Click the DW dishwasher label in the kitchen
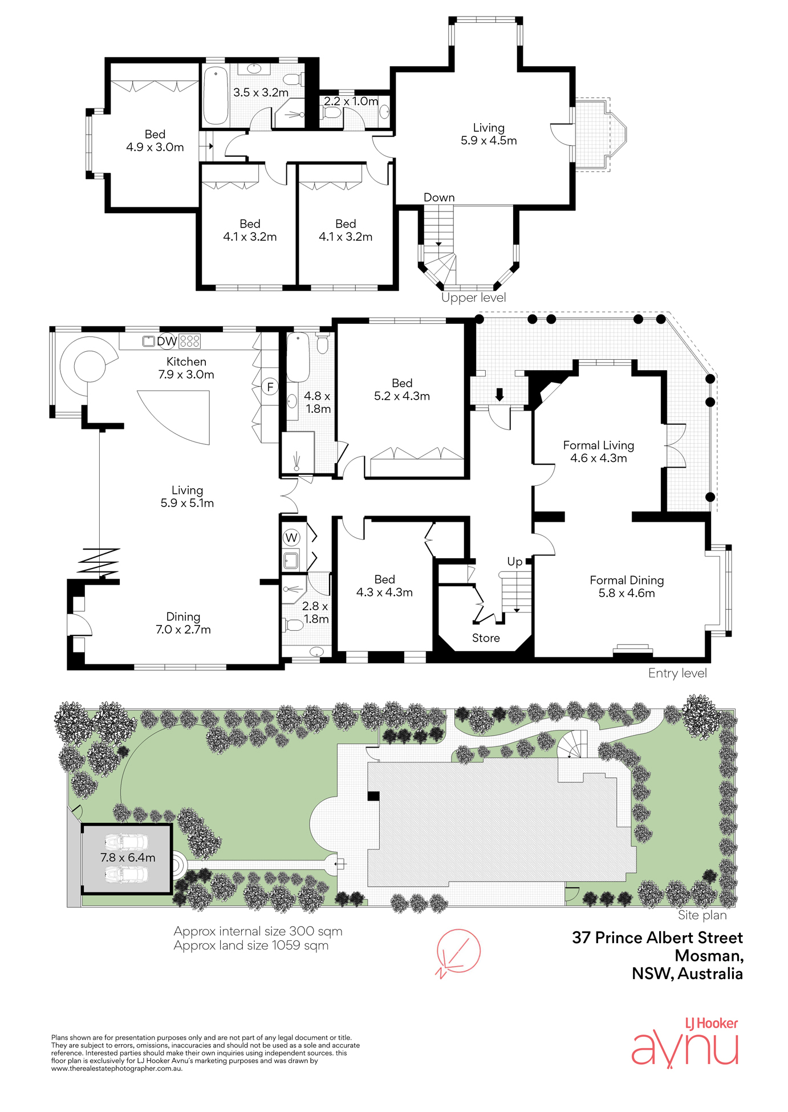[166, 342]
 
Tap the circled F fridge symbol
[270, 387]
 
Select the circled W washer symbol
[291, 537]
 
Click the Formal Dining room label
[627, 581]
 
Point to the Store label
[486, 638]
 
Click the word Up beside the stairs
[515, 562]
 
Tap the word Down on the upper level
[439, 197]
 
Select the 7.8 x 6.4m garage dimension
[128, 858]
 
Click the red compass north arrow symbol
[458, 952]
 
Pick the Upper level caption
[473, 298]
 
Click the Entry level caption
[677, 673]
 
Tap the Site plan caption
[702, 915]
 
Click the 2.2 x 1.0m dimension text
[351, 102]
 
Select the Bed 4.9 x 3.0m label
[155, 141]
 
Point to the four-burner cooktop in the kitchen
[189, 342]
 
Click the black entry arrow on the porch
[499, 395]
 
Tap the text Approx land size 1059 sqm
[251, 945]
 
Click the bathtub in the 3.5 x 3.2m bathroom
[216, 95]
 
